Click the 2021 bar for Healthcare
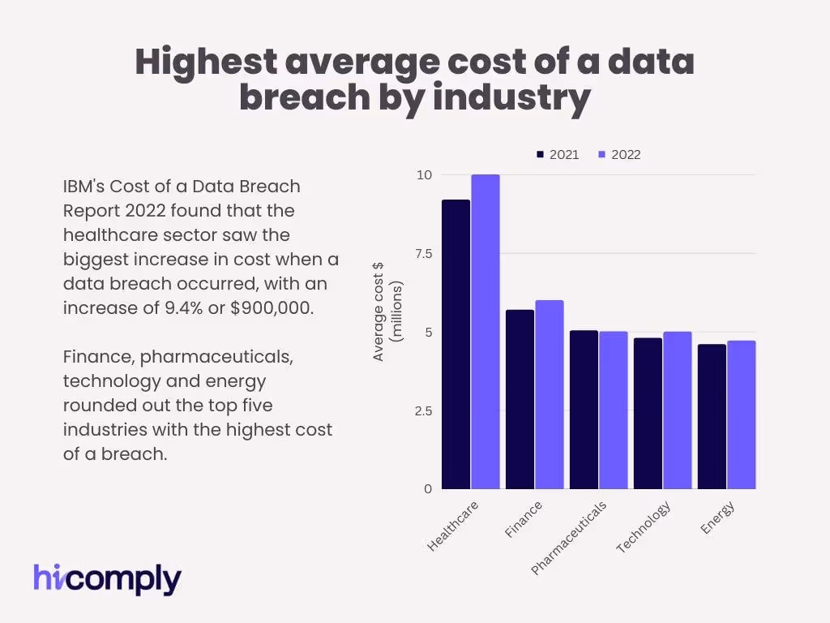(456, 345)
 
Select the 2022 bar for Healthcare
(486, 332)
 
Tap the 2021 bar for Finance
(520, 399)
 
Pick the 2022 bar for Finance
(550, 394)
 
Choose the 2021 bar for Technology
(648, 413)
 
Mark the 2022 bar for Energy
(741, 415)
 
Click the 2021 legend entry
(558, 154)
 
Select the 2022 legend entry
(619, 154)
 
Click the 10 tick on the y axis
(424, 175)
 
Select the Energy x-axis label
(718, 518)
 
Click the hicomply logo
(107, 578)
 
